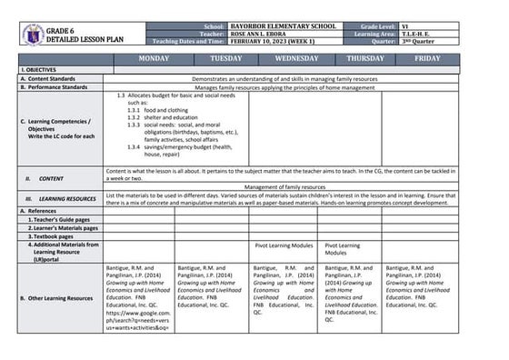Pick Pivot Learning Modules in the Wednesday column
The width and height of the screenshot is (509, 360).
coord(284,245)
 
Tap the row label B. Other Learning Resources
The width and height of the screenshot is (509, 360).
coord(55,297)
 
